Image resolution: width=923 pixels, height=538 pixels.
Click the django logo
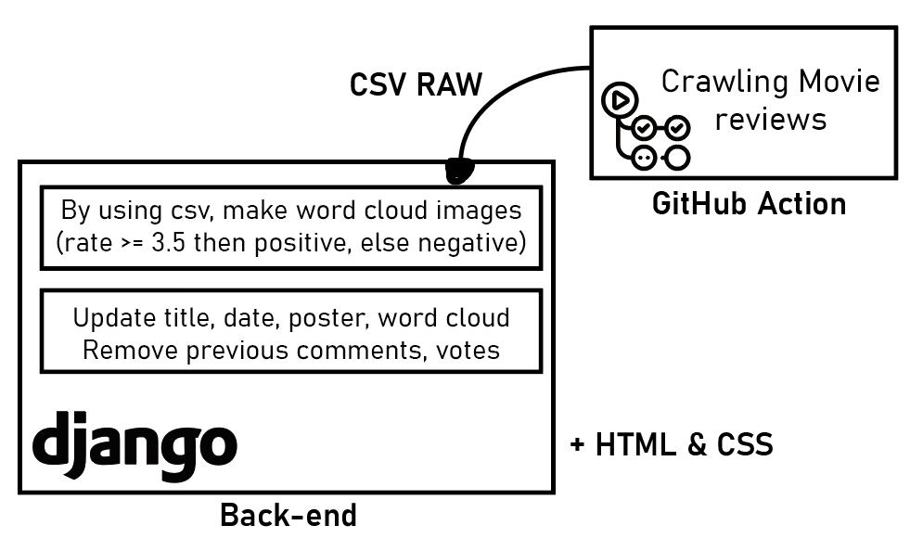135,442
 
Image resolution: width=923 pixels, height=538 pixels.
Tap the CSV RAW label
416,84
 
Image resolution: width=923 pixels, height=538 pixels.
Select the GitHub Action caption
749,203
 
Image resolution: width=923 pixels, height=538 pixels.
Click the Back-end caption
288,515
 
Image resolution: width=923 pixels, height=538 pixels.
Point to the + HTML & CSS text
671,445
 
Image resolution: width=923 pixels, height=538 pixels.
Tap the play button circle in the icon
619,99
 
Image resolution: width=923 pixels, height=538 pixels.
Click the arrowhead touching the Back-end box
458,170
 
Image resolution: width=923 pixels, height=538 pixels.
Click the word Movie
839,82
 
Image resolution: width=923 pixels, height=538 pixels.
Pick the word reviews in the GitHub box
771,120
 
